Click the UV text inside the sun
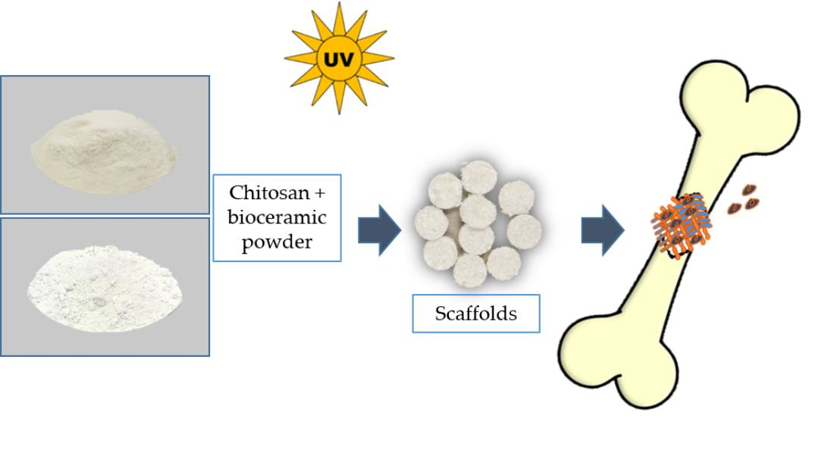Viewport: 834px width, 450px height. click(338, 58)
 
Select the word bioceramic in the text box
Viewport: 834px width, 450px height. click(277, 217)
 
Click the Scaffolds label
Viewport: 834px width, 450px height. click(475, 313)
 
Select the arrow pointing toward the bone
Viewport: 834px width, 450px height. click(602, 230)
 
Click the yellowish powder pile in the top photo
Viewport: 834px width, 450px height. click(104, 148)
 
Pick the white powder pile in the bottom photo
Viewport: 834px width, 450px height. click(104, 287)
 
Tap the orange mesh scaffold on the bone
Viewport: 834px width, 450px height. click(681, 223)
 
